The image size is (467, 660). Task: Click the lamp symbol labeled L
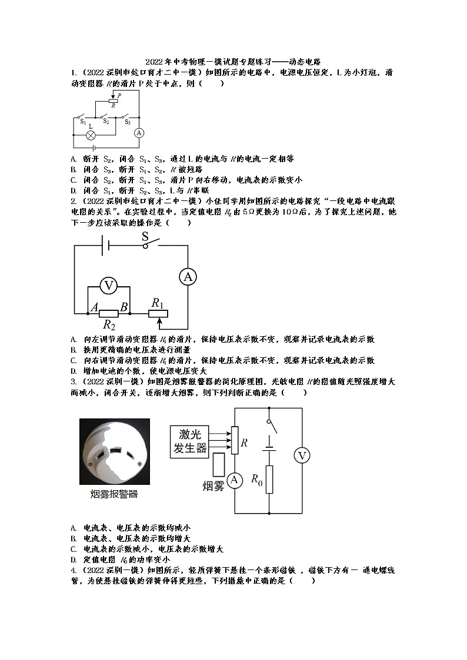pos(91,135)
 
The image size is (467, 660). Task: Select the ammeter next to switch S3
pos(139,133)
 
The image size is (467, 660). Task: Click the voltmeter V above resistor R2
pos(108,286)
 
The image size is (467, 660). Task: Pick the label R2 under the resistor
pos(109,324)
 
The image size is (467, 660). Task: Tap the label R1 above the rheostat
pos(157,302)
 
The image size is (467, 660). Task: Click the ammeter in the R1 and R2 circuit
pos(188,277)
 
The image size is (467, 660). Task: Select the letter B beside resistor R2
pos(124,306)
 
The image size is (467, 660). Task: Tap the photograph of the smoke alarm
pos(115,451)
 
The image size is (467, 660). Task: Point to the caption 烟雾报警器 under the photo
pos(115,494)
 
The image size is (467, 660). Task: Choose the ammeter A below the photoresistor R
pos(235,481)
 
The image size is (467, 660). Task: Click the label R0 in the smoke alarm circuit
pos(256,480)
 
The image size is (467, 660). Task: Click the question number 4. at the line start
pos(74,571)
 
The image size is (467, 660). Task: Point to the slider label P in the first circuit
pos(119,95)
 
